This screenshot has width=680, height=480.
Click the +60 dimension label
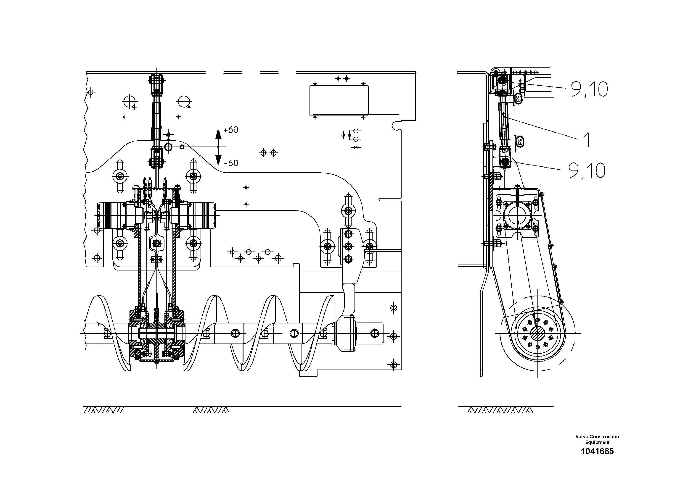[x=231, y=130]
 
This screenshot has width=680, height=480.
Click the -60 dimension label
[x=231, y=163]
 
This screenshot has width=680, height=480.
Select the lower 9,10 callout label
[x=587, y=171]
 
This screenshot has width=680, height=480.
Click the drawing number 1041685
[x=597, y=451]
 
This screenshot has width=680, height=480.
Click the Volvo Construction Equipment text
[x=597, y=439]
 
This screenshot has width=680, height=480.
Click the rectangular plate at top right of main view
[x=339, y=100]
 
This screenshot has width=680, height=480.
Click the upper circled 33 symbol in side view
[x=518, y=99]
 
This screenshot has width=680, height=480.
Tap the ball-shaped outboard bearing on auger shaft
[x=344, y=333]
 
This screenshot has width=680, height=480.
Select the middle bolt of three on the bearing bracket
[x=349, y=246]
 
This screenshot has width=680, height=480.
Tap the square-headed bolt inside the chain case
[x=157, y=243]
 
